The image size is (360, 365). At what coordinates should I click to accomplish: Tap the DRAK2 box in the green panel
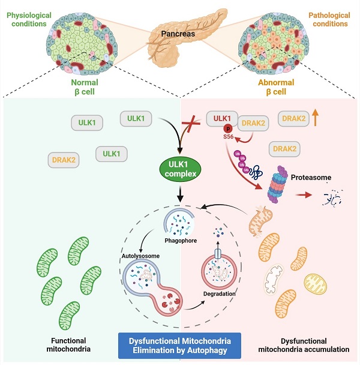coord(63,159)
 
